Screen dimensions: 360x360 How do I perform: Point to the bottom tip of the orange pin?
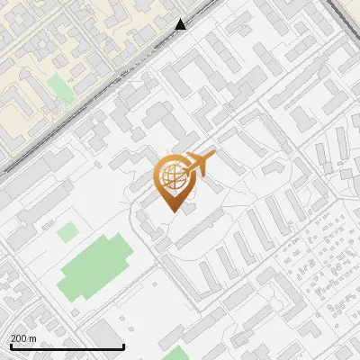point(171,210)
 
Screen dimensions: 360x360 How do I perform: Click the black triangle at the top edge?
point(181,24)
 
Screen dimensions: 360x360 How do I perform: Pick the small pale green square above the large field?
point(67,232)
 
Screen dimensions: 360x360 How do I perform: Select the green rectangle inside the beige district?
point(59,87)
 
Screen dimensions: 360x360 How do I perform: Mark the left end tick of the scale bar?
point(10,345)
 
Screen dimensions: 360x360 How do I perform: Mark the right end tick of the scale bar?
point(122,345)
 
